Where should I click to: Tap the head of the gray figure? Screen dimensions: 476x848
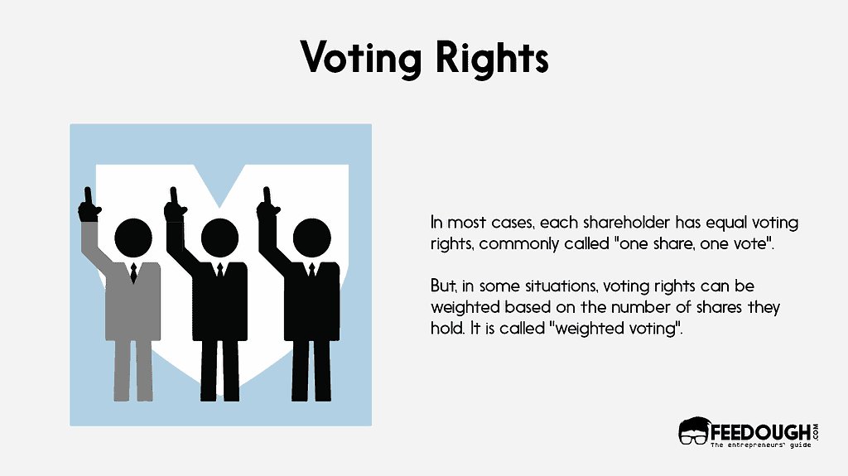click(x=132, y=238)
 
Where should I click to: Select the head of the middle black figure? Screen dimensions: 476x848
click(x=219, y=238)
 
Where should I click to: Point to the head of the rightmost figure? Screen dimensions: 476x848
click(x=311, y=238)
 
